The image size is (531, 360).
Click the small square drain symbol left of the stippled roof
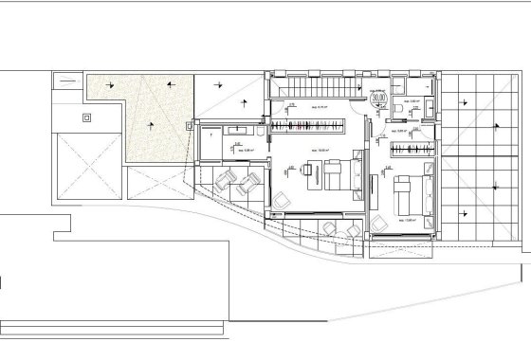click(87, 117)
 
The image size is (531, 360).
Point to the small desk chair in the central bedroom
click(284, 198)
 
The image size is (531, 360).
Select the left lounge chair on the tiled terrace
click(228, 181)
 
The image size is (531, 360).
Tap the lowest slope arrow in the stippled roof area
click(148, 125)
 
